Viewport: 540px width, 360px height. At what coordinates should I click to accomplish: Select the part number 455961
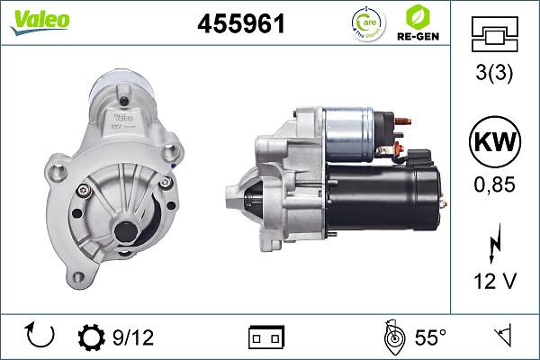[x=240, y=23]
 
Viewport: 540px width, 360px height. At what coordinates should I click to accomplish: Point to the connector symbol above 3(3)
[x=494, y=34]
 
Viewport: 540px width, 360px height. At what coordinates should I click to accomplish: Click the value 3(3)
[x=494, y=75]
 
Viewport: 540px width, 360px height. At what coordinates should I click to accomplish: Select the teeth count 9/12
[x=133, y=337]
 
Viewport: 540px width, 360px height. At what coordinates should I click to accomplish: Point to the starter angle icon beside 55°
[x=392, y=337]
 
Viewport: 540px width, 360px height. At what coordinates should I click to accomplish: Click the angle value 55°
[x=430, y=337]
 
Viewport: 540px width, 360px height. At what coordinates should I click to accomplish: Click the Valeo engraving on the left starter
[x=123, y=116]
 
